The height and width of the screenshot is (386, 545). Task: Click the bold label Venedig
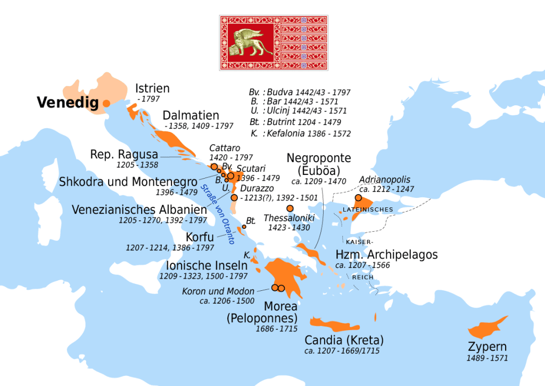(68, 103)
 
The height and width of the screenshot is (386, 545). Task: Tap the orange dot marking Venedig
(106, 103)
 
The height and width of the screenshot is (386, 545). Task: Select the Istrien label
(152, 89)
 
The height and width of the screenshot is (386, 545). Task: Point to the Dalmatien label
(191, 115)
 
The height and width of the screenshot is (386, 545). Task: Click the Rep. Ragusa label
(124, 155)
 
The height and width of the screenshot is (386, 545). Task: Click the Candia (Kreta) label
(344, 340)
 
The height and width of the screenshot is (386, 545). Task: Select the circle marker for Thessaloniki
(290, 208)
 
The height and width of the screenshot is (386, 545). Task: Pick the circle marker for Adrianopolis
(358, 198)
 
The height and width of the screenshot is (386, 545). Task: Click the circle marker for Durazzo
(234, 197)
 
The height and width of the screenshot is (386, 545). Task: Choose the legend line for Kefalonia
(301, 133)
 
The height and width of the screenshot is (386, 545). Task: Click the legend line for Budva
(301, 92)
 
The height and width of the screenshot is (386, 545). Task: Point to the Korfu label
(200, 237)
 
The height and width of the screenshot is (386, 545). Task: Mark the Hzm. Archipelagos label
(386, 255)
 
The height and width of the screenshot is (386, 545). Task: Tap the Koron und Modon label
(218, 291)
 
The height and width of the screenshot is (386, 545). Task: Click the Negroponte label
(318, 158)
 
